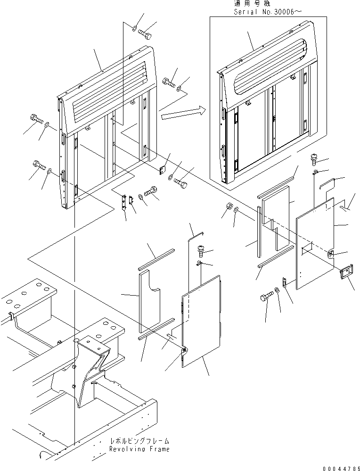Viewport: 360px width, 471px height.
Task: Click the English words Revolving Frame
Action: [x=139, y=449]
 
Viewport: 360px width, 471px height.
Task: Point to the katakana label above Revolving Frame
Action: [x=139, y=441]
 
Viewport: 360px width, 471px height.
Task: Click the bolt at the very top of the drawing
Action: [x=145, y=33]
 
